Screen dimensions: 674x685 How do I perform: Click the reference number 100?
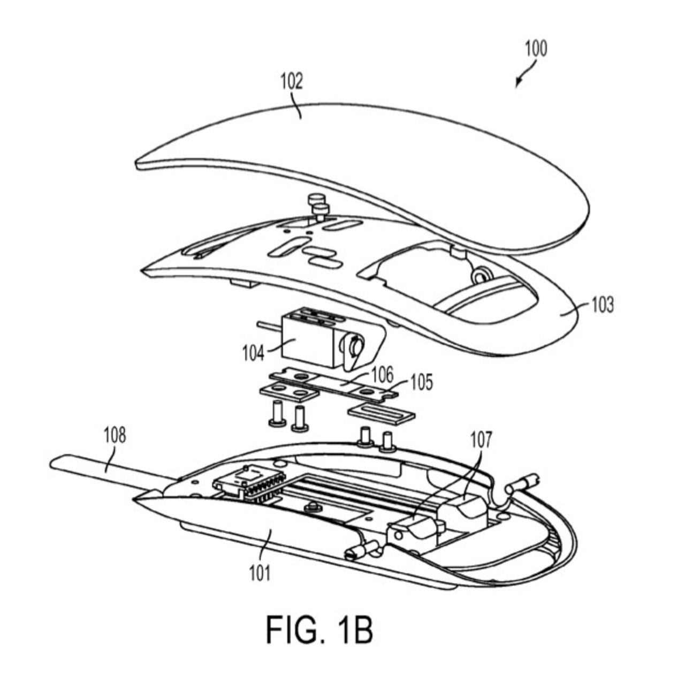pos(536,49)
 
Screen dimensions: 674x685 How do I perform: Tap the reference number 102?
pos(292,81)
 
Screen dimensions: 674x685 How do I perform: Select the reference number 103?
pos(602,306)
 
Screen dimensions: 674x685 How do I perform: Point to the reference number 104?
pos(253,353)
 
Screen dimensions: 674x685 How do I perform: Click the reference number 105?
pos(421,382)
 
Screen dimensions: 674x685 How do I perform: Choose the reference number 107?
pos(480,441)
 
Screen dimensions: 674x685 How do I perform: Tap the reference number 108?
pos(115,435)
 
